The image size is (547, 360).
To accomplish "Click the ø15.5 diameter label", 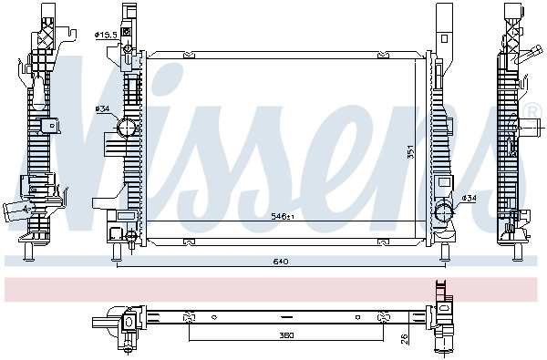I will (x=107, y=35).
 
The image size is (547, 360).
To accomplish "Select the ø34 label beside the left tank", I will (x=102, y=108).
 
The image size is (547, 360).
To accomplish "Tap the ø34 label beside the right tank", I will (x=469, y=198).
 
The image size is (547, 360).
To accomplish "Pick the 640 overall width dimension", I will (x=281, y=262).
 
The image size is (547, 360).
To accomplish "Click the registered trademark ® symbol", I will (x=533, y=111).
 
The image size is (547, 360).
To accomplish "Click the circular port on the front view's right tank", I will (x=444, y=214).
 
